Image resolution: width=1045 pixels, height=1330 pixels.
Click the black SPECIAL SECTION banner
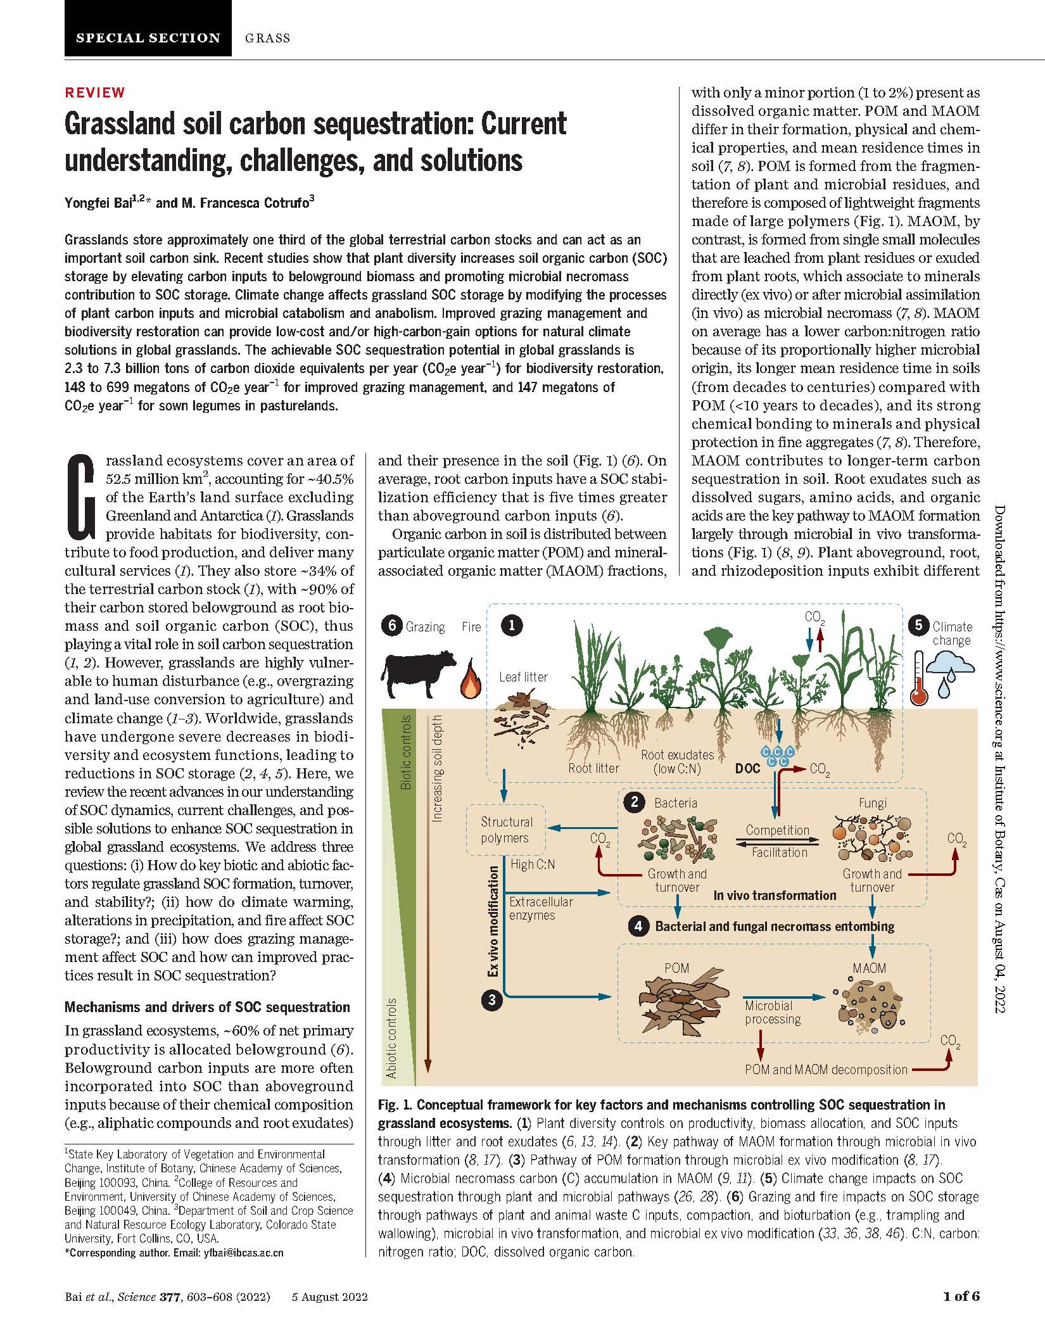click(x=148, y=28)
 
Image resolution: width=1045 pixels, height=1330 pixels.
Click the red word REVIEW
click(x=95, y=92)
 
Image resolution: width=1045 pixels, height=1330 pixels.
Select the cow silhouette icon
click(x=418, y=674)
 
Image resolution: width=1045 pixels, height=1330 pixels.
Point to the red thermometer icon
click(x=918, y=679)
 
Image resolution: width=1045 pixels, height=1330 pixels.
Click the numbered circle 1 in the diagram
click(x=511, y=626)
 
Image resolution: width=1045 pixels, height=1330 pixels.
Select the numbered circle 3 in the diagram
click(x=491, y=999)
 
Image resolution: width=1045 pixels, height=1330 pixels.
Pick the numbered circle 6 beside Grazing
click(x=392, y=626)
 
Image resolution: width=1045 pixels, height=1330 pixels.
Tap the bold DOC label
click(x=747, y=769)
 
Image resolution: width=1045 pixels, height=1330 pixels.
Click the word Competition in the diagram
click(x=777, y=830)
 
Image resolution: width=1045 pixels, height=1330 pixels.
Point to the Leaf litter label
click(x=523, y=676)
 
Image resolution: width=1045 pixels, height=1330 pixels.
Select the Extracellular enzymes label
click(x=532, y=908)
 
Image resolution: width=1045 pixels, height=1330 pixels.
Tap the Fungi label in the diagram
click(x=872, y=803)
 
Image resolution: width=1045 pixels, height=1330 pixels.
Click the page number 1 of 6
click(x=961, y=1296)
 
